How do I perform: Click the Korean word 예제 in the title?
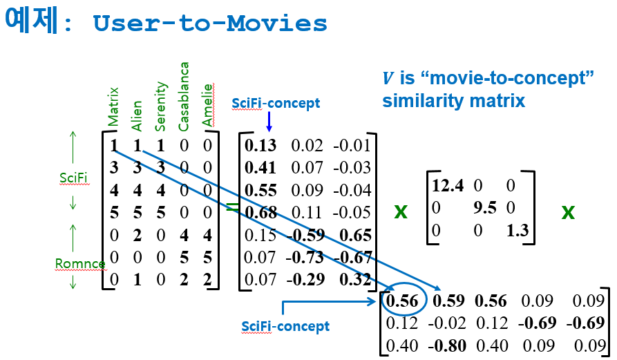(x=30, y=22)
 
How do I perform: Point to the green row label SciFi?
(x=73, y=178)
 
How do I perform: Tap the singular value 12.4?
(x=448, y=186)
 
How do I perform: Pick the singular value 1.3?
(x=517, y=229)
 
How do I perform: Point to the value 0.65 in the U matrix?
(x=357, y=234)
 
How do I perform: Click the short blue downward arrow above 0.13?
(x=269, y=122)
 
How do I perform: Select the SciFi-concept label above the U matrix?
(x=276, y=103)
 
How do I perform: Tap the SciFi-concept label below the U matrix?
(x=285, y=326)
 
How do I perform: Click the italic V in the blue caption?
(x=388, y=78)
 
